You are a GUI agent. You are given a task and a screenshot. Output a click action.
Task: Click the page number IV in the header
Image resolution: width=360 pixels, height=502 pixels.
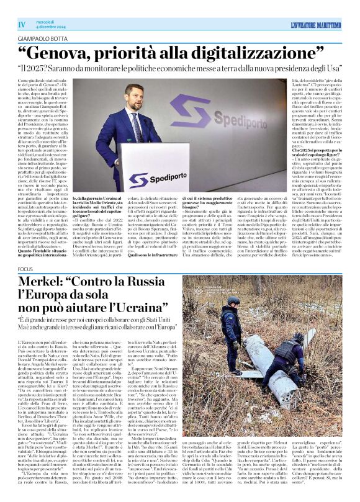pos(22,24)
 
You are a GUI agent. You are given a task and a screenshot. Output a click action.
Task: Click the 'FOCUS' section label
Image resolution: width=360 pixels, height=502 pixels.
pos(25,269)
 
